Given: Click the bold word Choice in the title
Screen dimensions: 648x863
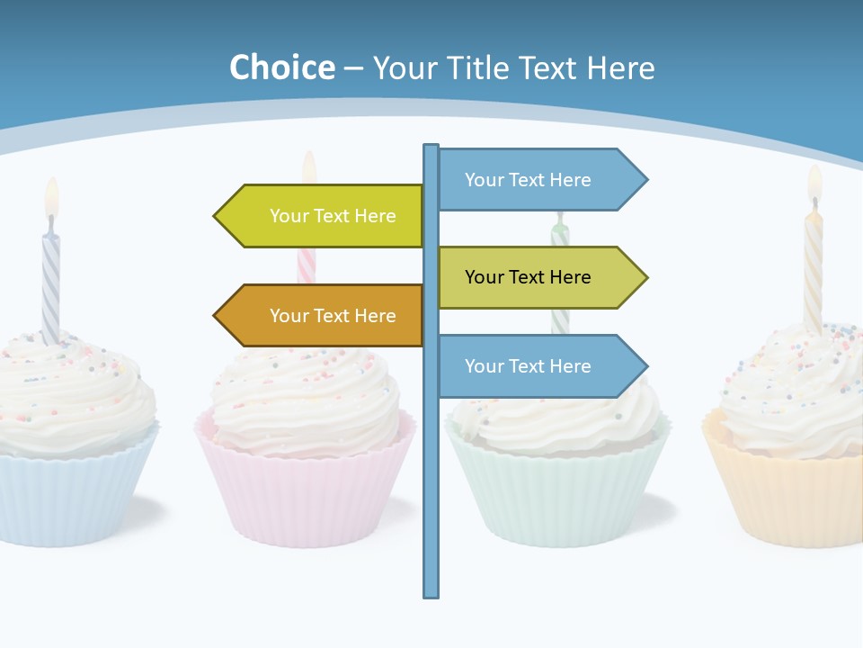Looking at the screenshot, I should click(x=281, y=67).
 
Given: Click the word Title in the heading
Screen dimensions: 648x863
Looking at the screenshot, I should click(x=482, y=67).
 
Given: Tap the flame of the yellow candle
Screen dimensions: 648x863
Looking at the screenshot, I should click(x=814, y=182).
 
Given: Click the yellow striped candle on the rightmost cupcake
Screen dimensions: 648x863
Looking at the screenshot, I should click(x=813, y=270).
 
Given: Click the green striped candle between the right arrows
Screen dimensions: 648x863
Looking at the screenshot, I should click(x=560, y=319).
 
